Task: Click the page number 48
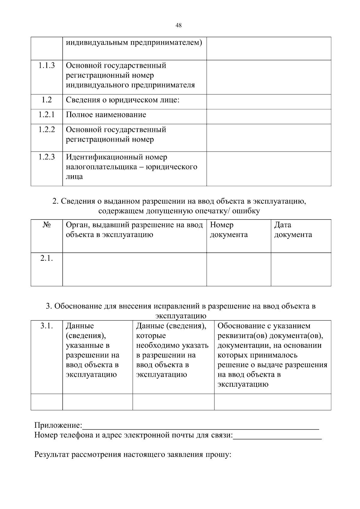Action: point(178,25)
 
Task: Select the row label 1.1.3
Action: point(46,65)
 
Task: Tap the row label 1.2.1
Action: point(46,115)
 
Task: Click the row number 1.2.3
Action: point(46,157)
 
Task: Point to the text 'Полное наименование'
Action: point(106,115)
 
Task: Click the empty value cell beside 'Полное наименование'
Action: point(268,116)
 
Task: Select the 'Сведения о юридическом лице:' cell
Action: point(122,100)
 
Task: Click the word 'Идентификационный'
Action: point(104,157)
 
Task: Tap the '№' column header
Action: point(46,225)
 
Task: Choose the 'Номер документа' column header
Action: point(229,230)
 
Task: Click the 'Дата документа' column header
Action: point(293,230)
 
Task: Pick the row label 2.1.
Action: point(46,258)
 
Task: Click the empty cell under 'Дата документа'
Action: point(301,269)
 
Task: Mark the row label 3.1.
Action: point(46,326)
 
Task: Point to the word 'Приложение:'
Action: point(58,425)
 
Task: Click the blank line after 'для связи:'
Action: point(277,436)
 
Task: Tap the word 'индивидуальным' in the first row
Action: point(97,43)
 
